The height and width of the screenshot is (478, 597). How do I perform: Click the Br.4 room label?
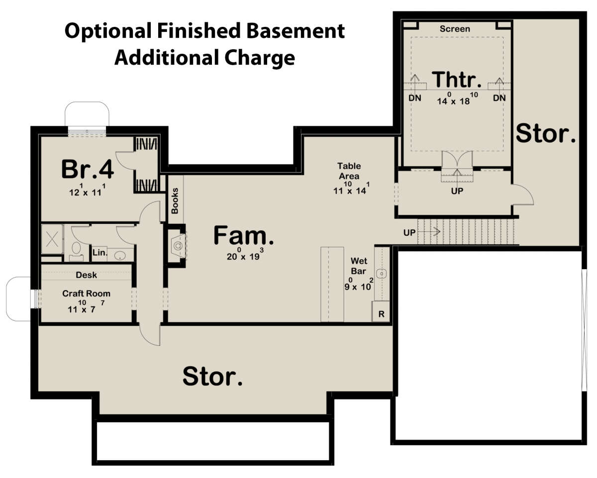[x=88, y=169]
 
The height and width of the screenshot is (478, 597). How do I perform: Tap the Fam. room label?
[x=244, y=236]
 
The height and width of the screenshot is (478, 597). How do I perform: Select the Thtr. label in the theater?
[x=457, y=80]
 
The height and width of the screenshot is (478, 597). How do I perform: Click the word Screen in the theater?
[x=455, y=29]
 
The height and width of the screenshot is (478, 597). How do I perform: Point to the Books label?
[x=175, y=201]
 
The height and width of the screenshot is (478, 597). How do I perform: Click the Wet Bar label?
[x=359, y=266]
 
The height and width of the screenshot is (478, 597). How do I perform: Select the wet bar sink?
[x=382, y=274]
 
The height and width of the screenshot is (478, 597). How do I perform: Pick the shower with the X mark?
[x=52, y=239]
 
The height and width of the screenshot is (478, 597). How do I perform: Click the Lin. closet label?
[x=100, y=253]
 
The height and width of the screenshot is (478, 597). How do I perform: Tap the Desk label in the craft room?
[x=86, y=275]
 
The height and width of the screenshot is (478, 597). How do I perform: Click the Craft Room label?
[x=86, y=293]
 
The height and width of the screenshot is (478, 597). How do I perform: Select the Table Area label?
[x=349, y=171]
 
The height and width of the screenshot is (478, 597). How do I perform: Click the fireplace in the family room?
[x=178, y=246]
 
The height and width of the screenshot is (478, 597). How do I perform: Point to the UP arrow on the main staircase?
[x=429, y=231]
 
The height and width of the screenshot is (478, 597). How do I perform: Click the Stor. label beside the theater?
[x=545, y=134]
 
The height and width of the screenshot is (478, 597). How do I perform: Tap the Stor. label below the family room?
[x=212, y=376]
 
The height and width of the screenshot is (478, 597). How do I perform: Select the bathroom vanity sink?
[x=120, y=255]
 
